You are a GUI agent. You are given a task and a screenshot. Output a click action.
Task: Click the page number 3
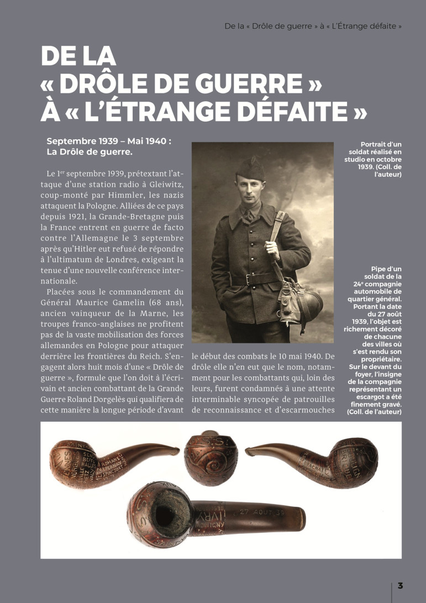[400, 585]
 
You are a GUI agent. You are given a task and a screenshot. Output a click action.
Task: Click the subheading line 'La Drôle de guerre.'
[90, 151]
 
